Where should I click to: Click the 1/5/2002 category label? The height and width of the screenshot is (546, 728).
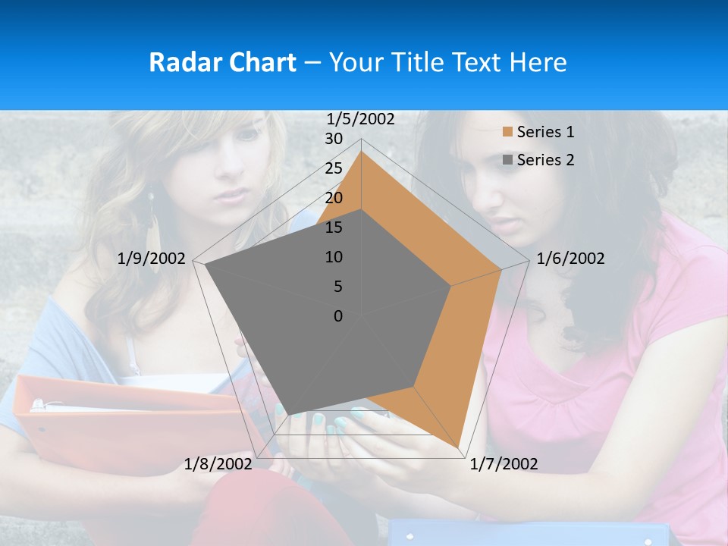point(361,118)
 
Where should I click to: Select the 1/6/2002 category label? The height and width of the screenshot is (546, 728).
point(570,259)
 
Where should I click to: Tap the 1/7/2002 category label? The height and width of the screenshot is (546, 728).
point(504,463)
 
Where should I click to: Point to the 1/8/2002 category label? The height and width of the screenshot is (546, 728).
point(218,463)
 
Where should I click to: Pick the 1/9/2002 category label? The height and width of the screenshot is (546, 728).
point(152,259)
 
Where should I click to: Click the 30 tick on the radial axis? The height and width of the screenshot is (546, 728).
point(334,139)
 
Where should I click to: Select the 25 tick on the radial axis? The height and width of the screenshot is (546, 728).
point(334,168)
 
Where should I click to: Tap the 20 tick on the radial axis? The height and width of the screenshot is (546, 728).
point(334,198)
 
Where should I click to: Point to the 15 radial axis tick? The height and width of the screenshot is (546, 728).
point(334,227)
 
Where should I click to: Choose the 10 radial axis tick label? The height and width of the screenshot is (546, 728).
point(334,257)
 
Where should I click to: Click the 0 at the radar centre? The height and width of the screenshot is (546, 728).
point(338,316)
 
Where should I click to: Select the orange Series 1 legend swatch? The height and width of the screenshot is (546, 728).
point(507,132)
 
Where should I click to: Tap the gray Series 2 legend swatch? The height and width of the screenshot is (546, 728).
point(507,159)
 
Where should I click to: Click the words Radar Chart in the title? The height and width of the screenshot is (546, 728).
point(222,62)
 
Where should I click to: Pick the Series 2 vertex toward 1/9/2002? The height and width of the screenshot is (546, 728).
point(206,265)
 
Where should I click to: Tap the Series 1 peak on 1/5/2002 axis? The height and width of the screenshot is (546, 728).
point(361,152)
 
